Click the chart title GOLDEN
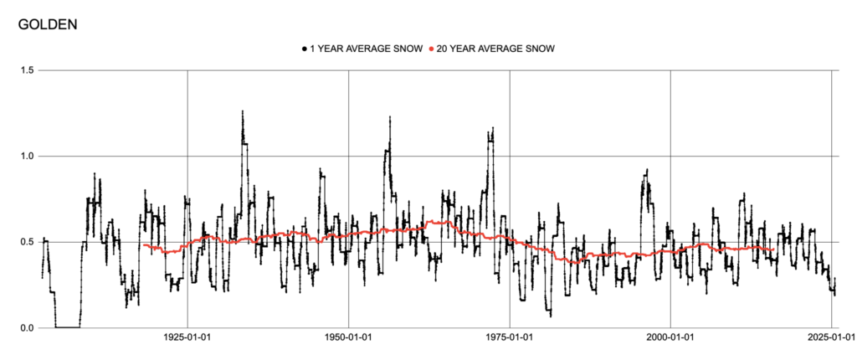[48, 24]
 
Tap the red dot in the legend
[431, 49]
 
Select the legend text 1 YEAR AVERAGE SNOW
[367, 49]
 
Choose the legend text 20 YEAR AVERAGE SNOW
[496, 49]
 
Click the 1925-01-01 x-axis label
[187, 340]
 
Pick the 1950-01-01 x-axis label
[348, 340]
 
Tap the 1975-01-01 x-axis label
[509, 340]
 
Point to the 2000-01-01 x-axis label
[670, 340]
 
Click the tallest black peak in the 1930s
[242, 111]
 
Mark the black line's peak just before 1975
[493, 129]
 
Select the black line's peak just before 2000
[646, 170]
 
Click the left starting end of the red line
[144, 245]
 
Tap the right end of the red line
[772, 249]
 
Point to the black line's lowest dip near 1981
[551, 315]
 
